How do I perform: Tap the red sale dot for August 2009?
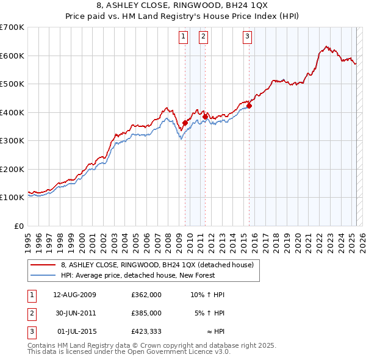(x=185, y=123)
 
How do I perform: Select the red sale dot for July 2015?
(x=249, y=106)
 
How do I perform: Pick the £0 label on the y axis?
(x=18, y=226)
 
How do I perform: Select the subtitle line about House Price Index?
(x=183, y=18)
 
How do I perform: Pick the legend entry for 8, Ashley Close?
(x=160, y=264)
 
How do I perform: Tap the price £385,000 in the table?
(x=146, y=313)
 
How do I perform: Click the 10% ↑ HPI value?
(x=207, y=295)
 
